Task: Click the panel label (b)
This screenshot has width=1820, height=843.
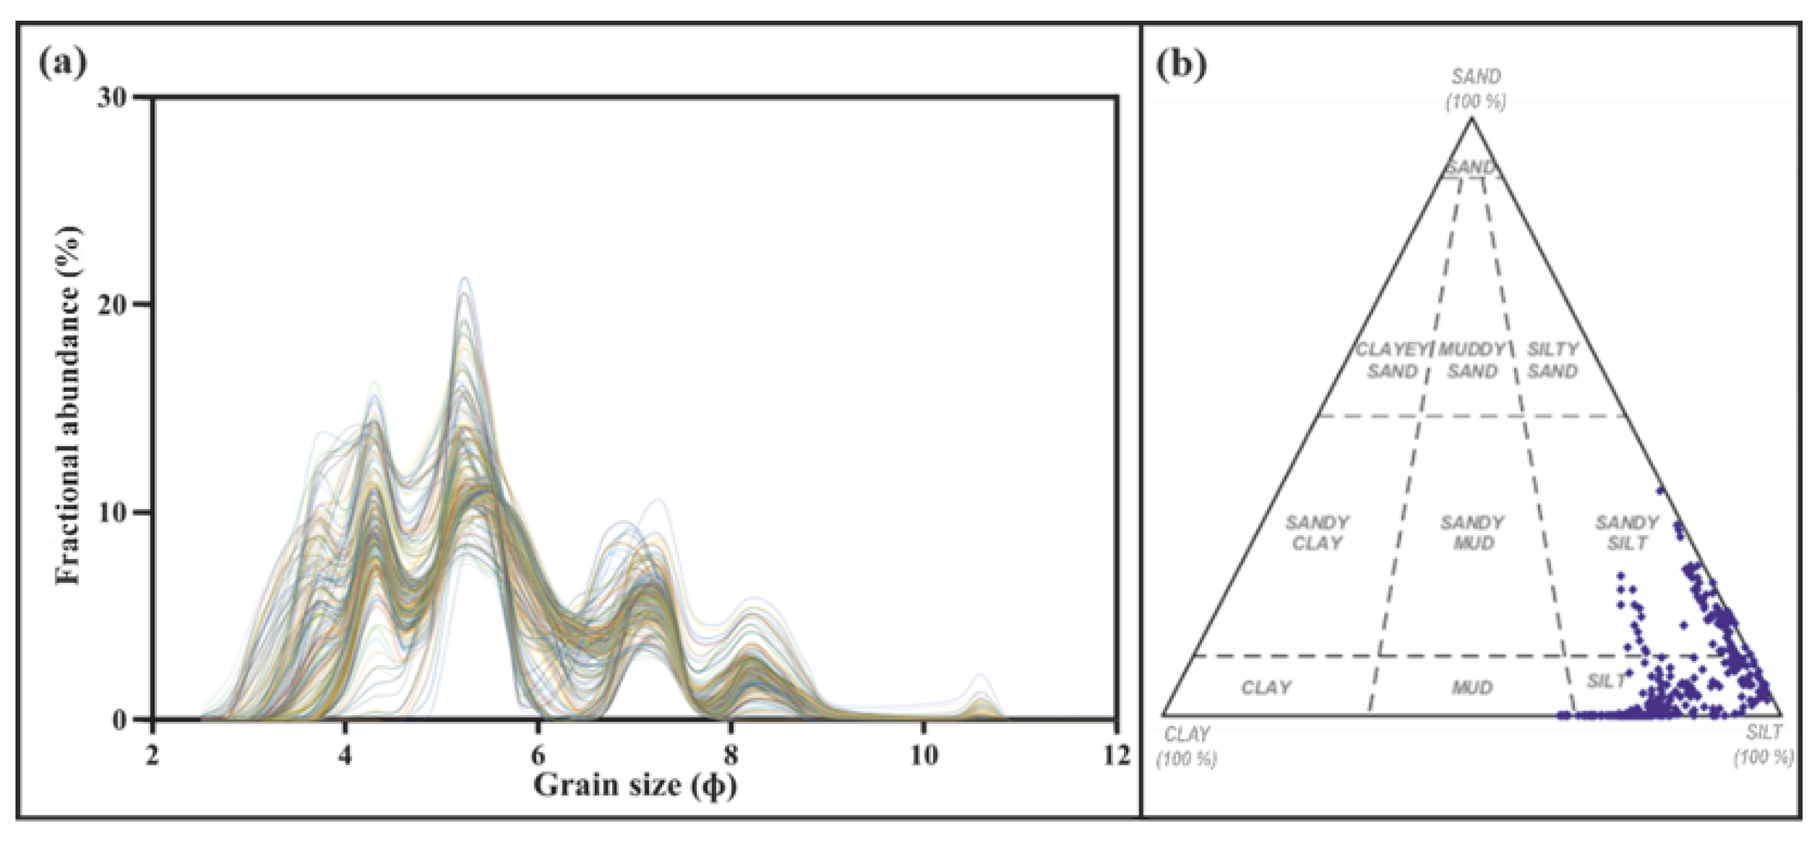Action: pos(1181,65)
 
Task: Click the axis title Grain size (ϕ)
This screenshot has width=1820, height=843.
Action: pos(634,785)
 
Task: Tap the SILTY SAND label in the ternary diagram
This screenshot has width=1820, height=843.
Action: pos(1552,360)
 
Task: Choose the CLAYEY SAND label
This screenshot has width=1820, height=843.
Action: pos(1392,360)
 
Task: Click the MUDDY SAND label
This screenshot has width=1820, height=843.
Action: pos(1472,360)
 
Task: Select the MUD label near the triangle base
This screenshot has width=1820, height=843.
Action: pos(1472,687)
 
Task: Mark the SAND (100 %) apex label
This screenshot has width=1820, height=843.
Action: pos(1475,88)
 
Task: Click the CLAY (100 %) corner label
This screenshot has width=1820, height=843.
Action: pos(1187,746)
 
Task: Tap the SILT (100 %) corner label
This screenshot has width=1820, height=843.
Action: pos(1763,744)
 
